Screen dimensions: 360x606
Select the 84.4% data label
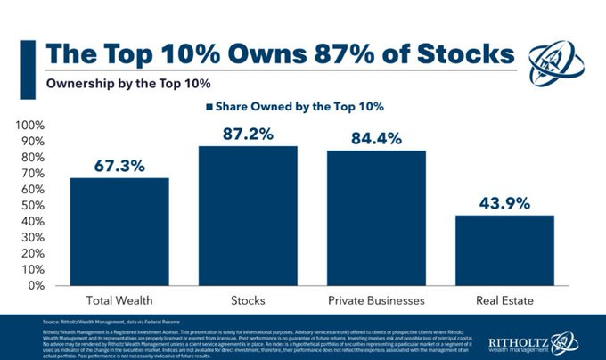(x=376, y=139)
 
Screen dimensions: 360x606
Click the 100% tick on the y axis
(x=33, y=125)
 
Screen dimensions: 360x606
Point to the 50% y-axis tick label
(x=36, y=205)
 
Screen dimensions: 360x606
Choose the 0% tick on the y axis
(x=39, y=285)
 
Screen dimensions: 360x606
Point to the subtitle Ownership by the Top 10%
(x=112, y=85)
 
